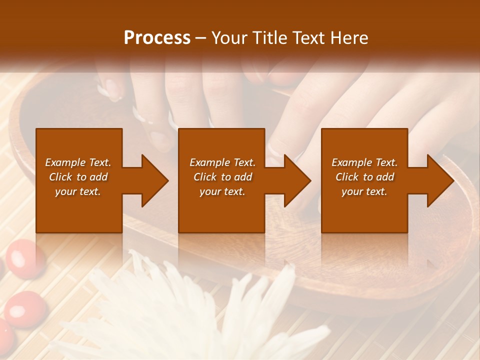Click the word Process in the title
tap(157, 38)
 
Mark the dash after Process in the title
tap(201, 39)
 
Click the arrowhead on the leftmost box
tap(152, 180)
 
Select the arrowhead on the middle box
tap(295, 180)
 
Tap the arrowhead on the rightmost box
tap(438, 180)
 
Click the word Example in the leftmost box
tap(65, 162)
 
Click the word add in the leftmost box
tap(98, 177)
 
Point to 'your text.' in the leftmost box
tap(78, 191)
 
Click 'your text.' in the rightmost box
tap(364, 191)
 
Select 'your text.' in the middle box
tap(222, 191)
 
